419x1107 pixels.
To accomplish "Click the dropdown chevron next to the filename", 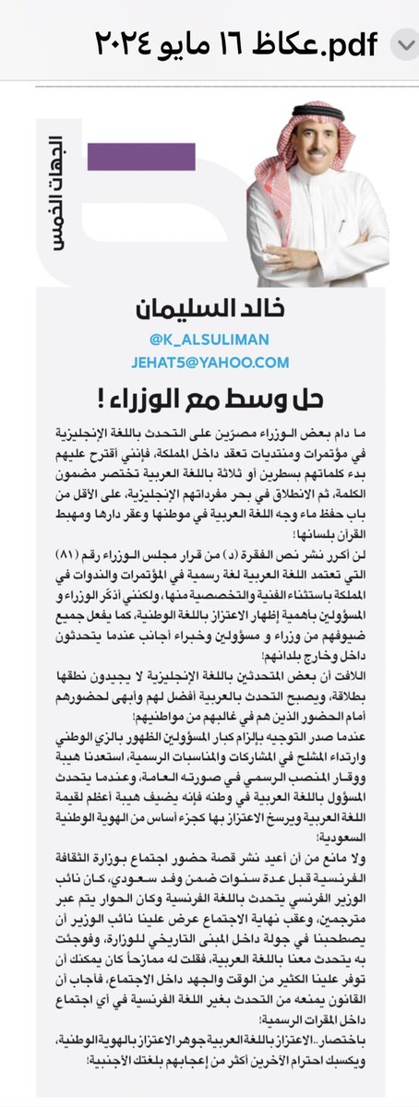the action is pyautogui.click(x=404, y=44).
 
